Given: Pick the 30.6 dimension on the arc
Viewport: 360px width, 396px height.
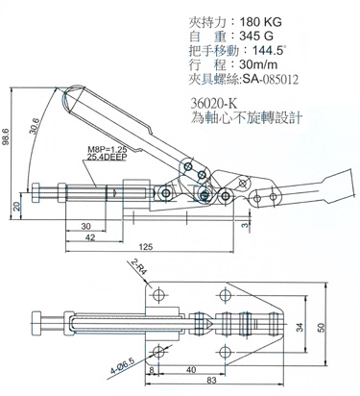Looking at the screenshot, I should coord(34,125).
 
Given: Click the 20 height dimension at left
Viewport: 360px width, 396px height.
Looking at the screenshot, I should coord(16,206).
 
